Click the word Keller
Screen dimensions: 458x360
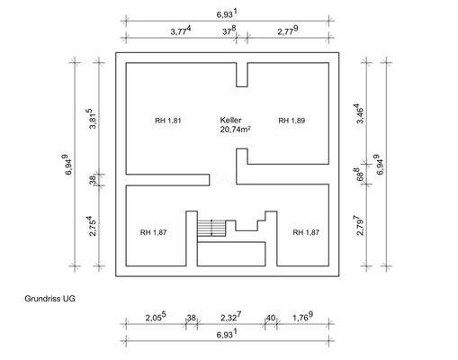tap(230, 120)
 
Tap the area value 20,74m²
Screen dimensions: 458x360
tap(236, 130)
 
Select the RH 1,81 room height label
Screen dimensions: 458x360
tap(168, 121)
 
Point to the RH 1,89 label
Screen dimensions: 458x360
tap(292, 121)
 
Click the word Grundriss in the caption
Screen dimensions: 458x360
tap(42, 299)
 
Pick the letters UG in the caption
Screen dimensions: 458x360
tap(69, 299)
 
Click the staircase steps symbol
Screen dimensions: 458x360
tap(211, 229)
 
